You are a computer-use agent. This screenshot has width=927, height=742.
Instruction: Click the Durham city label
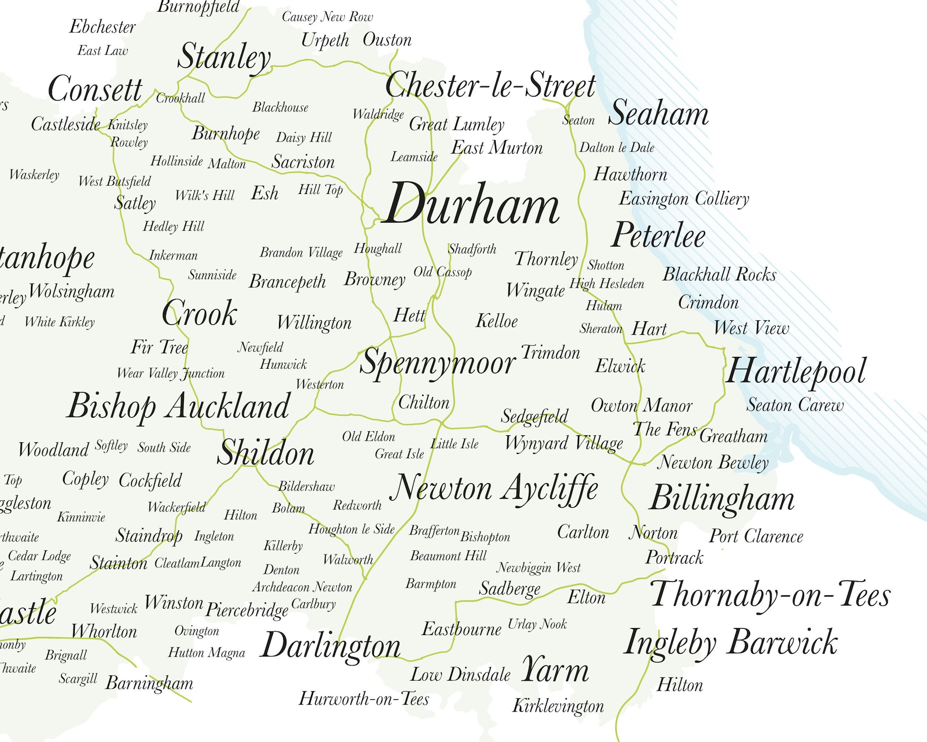pyautogui.click(x=472, y=204)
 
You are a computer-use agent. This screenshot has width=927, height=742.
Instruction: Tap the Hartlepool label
pyautogui.click(x=796, y=372)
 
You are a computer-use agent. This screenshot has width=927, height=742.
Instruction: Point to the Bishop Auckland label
pyautogui.click(x=178, y=406)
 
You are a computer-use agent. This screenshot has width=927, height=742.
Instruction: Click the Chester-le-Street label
pyautogui.click(x=490, y=86)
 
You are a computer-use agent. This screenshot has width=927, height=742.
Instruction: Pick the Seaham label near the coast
pyautogui.click(x=658, y=113)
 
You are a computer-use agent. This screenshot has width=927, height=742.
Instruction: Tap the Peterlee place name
pyautogui.click(x=658, y=235)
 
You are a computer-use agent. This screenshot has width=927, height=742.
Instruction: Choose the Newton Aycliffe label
pyautogui.click(x=494, y=488)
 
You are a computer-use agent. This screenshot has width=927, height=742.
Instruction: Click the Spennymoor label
pyautogui.click(x=437, y=363)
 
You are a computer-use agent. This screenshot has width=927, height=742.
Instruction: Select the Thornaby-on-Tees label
pyautogui.click(x=770, y=595)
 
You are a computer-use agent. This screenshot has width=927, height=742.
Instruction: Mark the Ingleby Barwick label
pyautogui.click(x=731, y=643)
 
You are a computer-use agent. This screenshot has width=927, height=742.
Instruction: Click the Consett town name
pyautogui.click(x=95, y=89)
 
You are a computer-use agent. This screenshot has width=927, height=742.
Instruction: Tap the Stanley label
pyautogui.click(x=224, y=57)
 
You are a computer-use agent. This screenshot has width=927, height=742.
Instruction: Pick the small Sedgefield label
pyautogui.click(x=534, y=416)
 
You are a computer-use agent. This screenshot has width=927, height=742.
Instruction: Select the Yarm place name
pyautogui.click(x=555, y=670)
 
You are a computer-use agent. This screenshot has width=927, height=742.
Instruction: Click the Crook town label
pyautogui.click(x=199, y=314)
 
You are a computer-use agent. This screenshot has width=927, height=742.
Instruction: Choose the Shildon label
pyautogui.click(x=266, y=453)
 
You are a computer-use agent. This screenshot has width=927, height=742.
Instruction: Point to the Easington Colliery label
pyautogui.click(x=684, y=199)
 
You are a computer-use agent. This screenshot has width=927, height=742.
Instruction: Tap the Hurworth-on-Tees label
pyautogui.click(x=364, y=699)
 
